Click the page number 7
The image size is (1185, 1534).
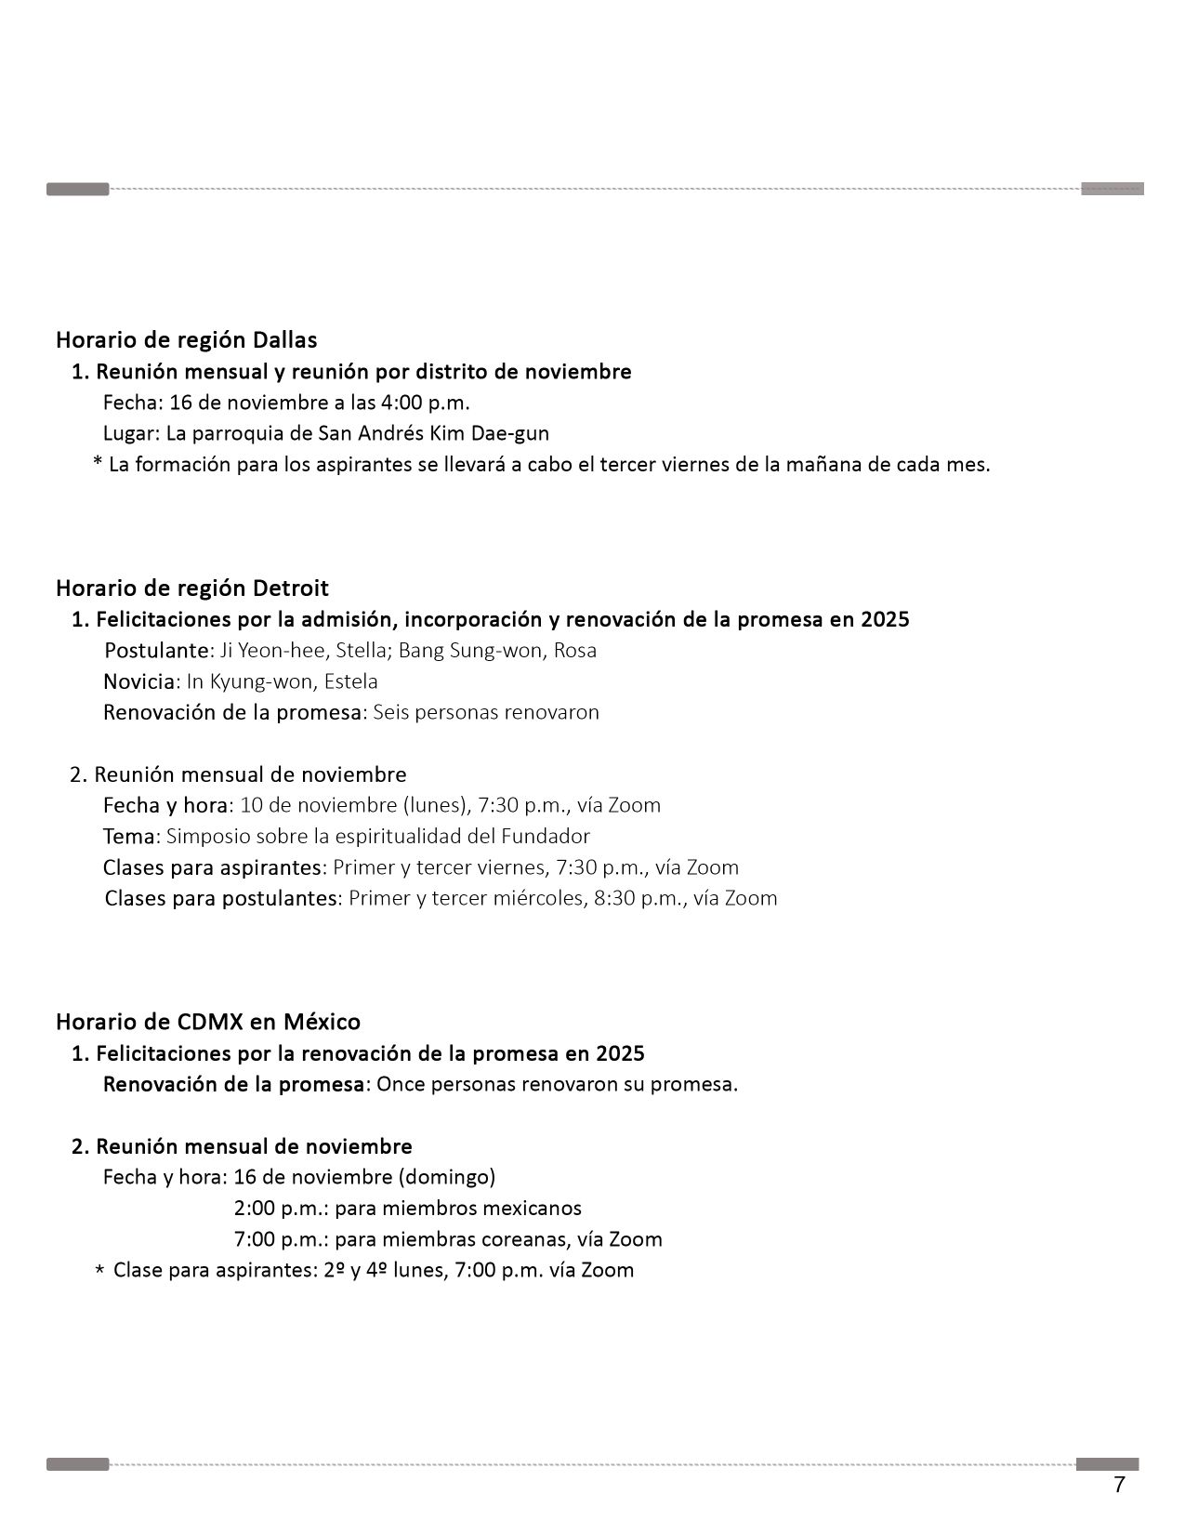(x=1119, y=1485)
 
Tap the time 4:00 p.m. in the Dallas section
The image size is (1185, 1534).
(x=425, y=403)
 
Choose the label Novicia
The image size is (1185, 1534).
(x=138, y=681)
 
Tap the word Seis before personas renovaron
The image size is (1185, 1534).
(x=391, y=712)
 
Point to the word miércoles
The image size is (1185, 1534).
(x=537, y=898)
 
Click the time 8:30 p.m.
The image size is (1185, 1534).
(x=639, y=898)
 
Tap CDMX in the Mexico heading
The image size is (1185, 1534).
(x=210, y=1022)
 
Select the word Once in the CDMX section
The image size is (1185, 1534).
(x=401, y=1084)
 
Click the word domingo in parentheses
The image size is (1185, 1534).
(x=446, y=1177)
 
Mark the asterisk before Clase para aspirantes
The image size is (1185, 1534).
(x=99, y=1272)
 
